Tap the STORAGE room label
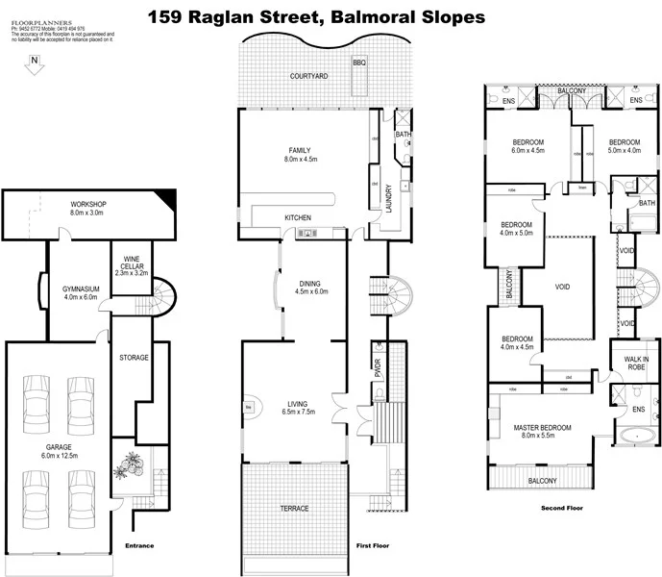(x=134, y=358)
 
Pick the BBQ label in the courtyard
(x=359, y=63)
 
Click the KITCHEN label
(x=298, y=218)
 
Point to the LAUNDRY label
(x=389, y=197)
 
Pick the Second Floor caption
(x=561, y=508)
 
